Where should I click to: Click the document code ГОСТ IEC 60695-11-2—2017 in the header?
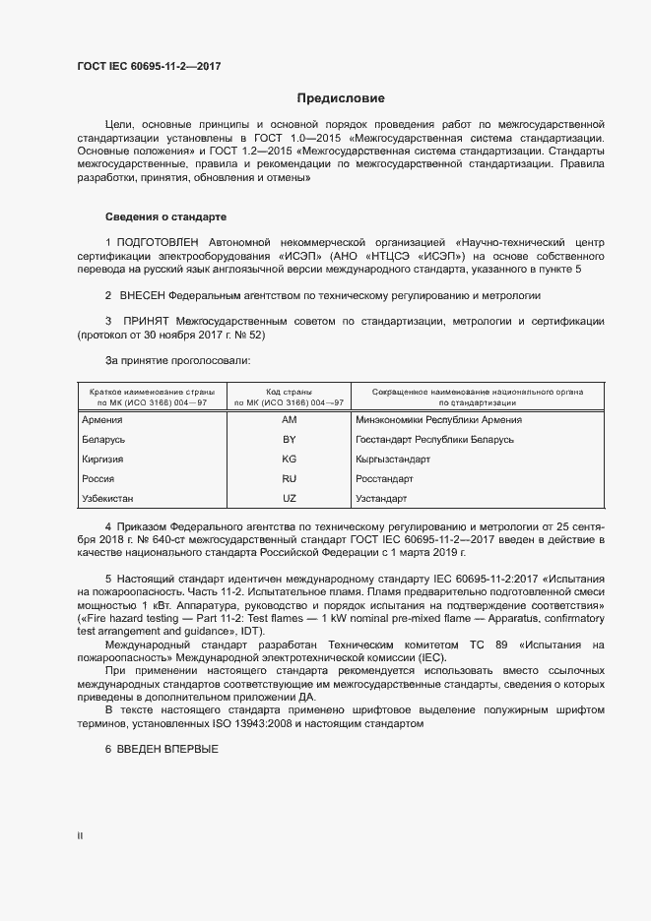click(148, 66)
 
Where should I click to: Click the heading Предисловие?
click(341, 98)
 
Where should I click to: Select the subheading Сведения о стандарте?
click(165, 215)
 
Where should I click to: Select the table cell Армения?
click(103, 420)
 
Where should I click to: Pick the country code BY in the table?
click(290, 440)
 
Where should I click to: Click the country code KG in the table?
click(290, 460)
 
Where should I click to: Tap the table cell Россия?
click(99, 479)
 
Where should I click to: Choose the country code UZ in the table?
click(290, 499)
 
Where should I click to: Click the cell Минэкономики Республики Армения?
click(438, 420)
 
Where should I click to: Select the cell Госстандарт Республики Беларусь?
click(434, 440)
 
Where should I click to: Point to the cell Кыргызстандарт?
click(393, 460)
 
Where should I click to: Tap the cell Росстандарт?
click(384, 479)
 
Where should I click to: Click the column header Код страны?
click(290, 392)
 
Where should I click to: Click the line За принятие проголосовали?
click(177, 361)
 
